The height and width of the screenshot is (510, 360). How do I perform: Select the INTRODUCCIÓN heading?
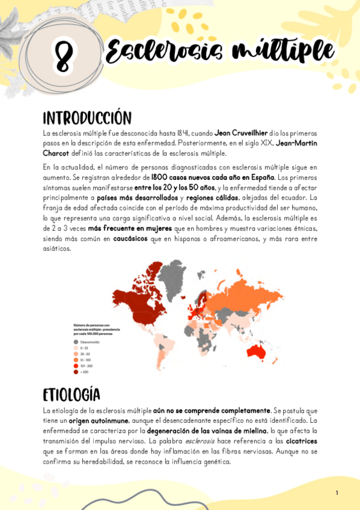click(87, 117)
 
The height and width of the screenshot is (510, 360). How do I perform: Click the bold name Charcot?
click(58, 153)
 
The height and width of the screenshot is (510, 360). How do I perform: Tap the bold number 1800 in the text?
click(159, 178)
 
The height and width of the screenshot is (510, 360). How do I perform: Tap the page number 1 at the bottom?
click(337, 493)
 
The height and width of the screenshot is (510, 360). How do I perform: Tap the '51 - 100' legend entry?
click(86, 359)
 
